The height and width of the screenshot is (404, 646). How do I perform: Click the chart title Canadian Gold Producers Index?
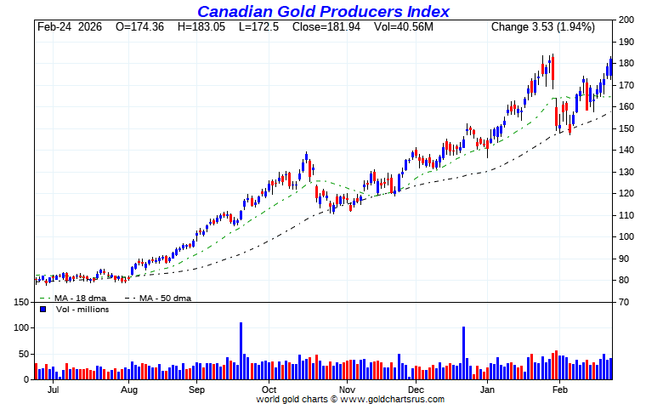[323, 11]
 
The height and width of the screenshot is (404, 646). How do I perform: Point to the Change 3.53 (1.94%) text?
[542, 27]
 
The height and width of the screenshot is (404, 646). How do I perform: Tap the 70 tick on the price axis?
[625, 302]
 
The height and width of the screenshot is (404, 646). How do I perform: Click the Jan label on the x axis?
[487, 390]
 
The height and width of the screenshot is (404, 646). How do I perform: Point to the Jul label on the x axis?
[53, 390]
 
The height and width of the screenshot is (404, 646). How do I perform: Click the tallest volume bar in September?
[241, 351]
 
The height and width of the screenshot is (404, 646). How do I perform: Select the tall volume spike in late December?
[464, 353]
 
